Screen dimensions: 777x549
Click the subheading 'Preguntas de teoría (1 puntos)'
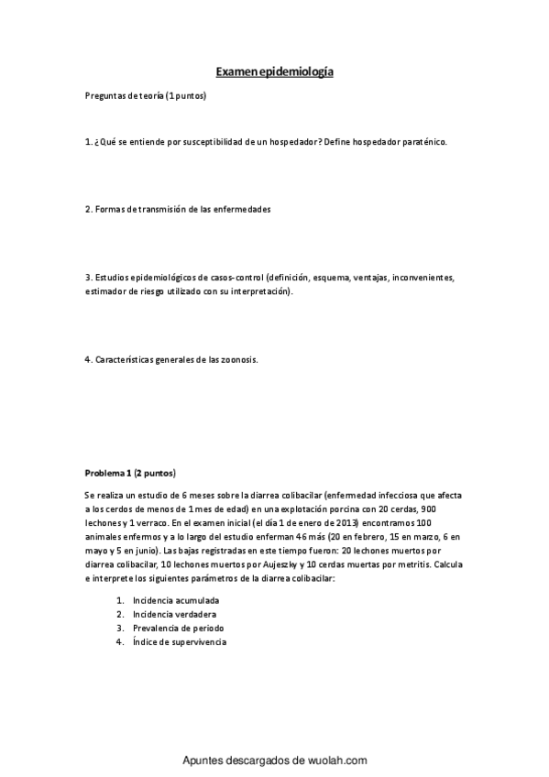point(145,96)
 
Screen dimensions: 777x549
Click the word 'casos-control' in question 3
point(236,276)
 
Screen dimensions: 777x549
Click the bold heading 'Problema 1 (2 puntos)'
point(130,473)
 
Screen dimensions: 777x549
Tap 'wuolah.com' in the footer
point(336,760)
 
